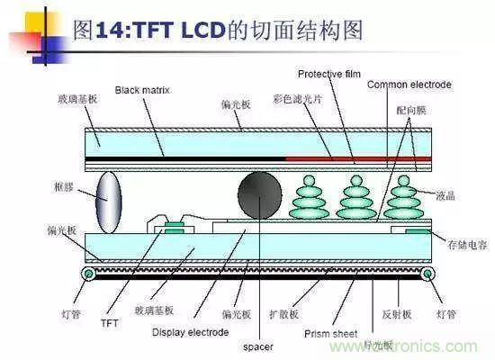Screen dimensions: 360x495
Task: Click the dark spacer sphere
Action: [262, 193]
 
